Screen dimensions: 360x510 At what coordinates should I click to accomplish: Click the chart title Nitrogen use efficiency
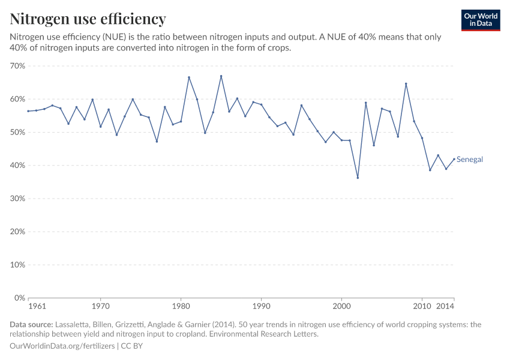(88, 19)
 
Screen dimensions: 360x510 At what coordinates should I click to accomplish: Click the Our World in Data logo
(481, 20)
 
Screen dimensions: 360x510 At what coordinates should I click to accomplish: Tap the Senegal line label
(470, 160)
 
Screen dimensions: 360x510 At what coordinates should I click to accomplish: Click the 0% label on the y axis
(20, 298)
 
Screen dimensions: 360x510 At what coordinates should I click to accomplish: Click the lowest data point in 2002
(358, 178)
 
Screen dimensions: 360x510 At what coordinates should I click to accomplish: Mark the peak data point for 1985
(221, 76)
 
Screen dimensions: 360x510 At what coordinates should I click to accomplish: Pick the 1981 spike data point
(189, 77)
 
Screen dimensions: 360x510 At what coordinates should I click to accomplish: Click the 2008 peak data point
(406, 84)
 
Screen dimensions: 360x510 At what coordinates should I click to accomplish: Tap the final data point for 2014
(454, 159)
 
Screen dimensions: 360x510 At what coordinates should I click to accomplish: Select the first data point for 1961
(28, 111)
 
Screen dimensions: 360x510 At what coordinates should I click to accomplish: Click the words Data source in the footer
(31, 325)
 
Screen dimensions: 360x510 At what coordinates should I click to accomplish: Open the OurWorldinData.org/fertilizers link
(63, 346)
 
